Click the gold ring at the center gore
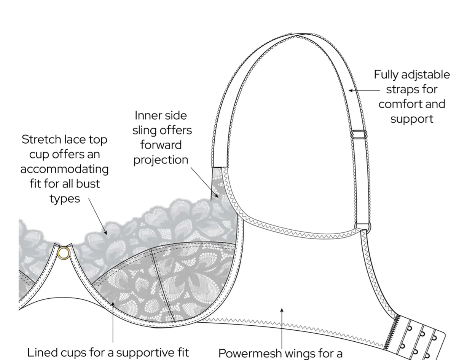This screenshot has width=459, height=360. (x=64, y=253)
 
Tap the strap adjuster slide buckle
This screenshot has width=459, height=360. (x=359, y=135)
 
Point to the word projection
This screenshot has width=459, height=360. (x=161, y=160)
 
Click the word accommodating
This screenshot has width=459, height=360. (x=65, y=170)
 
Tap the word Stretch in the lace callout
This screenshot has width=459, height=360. (x=41, y=139)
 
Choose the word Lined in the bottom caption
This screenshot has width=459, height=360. (x=42, y=352)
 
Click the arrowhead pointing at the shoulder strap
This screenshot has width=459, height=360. (x=351, y=90)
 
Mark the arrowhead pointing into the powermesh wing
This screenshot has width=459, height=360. (x=282, y=310)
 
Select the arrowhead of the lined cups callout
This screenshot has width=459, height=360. (x=113, y=304)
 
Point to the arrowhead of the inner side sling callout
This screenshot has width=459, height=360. (x=216, y=195)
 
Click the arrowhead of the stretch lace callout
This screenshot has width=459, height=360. (x=105, y=232)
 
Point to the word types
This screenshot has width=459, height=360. (x=65, y=199)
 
